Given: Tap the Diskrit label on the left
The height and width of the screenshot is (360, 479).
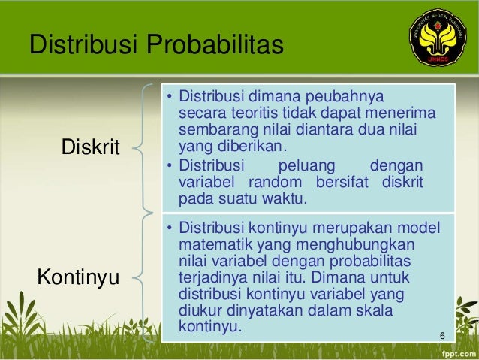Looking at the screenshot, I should click(x=90, y=147).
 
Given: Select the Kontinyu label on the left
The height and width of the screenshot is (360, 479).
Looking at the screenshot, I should click(x=78, y=277).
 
